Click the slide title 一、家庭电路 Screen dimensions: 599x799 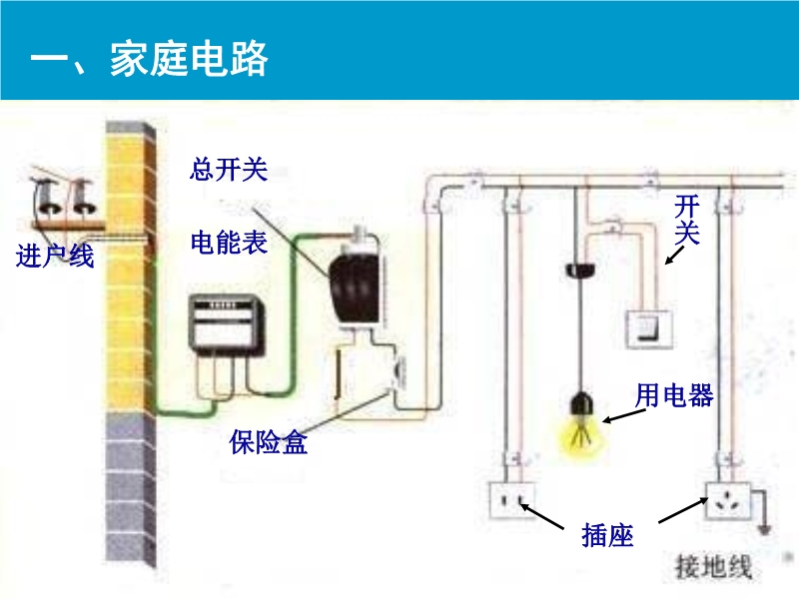[149, 59]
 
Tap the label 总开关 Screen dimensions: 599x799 [229, 169]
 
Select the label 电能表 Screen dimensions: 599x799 [229, 243]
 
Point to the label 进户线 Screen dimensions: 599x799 [55, 257]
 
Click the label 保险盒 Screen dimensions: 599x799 [268, 442]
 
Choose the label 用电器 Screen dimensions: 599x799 [674, 396]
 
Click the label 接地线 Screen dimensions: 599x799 [713, 567]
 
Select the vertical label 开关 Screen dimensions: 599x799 [687, 221]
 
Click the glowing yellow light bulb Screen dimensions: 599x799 [578, 429]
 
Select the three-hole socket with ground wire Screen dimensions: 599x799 [728, 501]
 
